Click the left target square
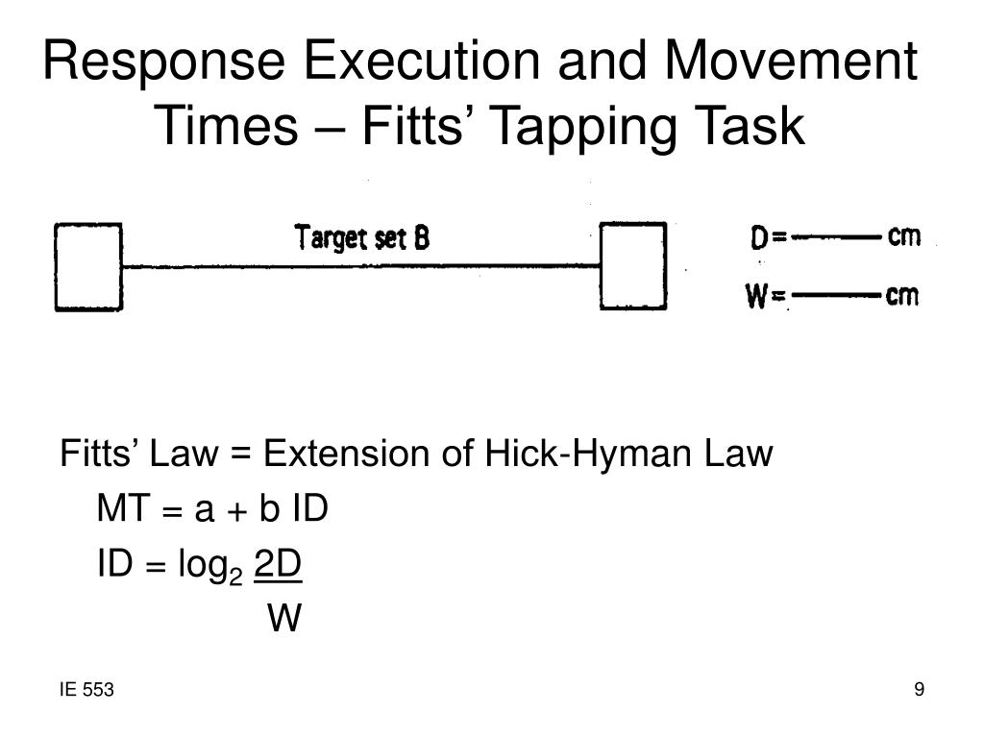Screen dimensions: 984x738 click(88, 266)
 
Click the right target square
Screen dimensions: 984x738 click(633, 265)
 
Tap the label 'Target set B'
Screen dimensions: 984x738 click(361, 237)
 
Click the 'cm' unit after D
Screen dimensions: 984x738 click(904, 236)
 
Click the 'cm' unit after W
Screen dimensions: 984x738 click(901, 296)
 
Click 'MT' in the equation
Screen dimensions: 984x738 click(120, 509)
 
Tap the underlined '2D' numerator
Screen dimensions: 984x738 click(278, 566)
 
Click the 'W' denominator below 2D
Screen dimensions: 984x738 click(284, 620)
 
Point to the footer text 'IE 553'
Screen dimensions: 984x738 click(86, 690)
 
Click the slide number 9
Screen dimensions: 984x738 click(920, 690)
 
